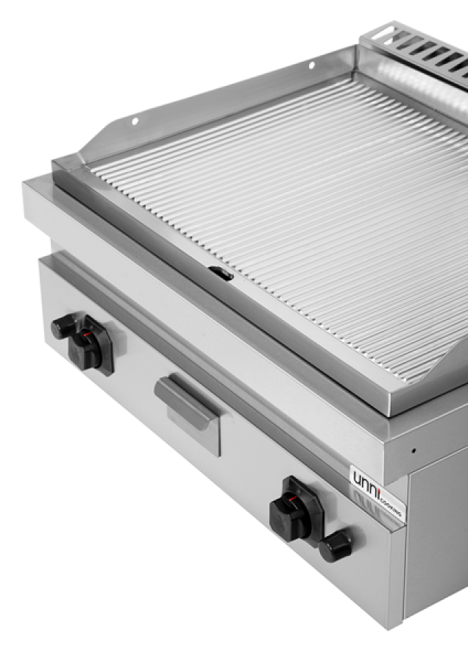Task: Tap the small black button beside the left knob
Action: (x=63, y=327)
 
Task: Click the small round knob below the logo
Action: (x=335, y=545)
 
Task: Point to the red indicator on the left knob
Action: (x=88, y=335)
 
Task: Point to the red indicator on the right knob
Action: (x=294, y=499)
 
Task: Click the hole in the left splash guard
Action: (x=135, y=121)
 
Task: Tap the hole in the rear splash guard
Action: (x=311, y=65)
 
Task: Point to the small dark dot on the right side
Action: (x=414, y=450)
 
